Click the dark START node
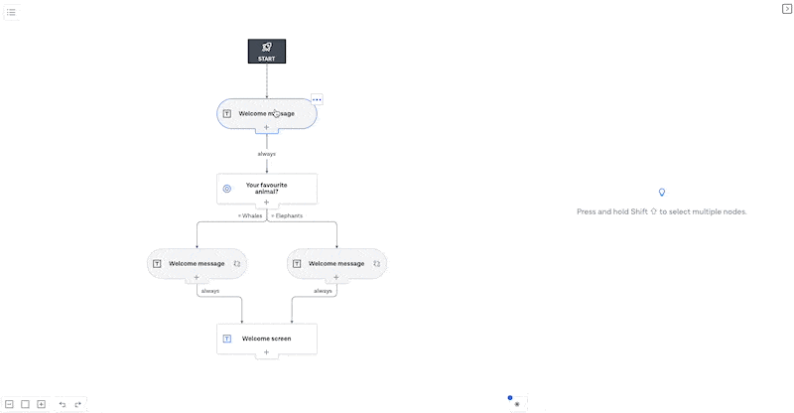(x=267, y=52)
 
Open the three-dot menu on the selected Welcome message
(x=317, y=100)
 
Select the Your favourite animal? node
(x=267, y=189)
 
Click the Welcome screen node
(x=267, y=339)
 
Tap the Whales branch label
(x=250, y=215)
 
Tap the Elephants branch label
(x=287, y=215)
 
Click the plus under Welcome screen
(x=266, y=352)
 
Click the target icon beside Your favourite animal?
(x=227, y=189)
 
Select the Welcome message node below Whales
(x=197, y=263)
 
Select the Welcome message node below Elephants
(x=336, y=263)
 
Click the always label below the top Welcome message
(x=266, y=154)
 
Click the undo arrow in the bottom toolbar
(x=63, y=404)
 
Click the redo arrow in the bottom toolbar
(x=78, y=404)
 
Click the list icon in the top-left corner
(x=11, y=12)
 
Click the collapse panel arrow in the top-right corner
(x=787, y=9)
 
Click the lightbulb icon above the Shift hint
(x=662, y=192)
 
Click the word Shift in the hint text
(x=639, y=211)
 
